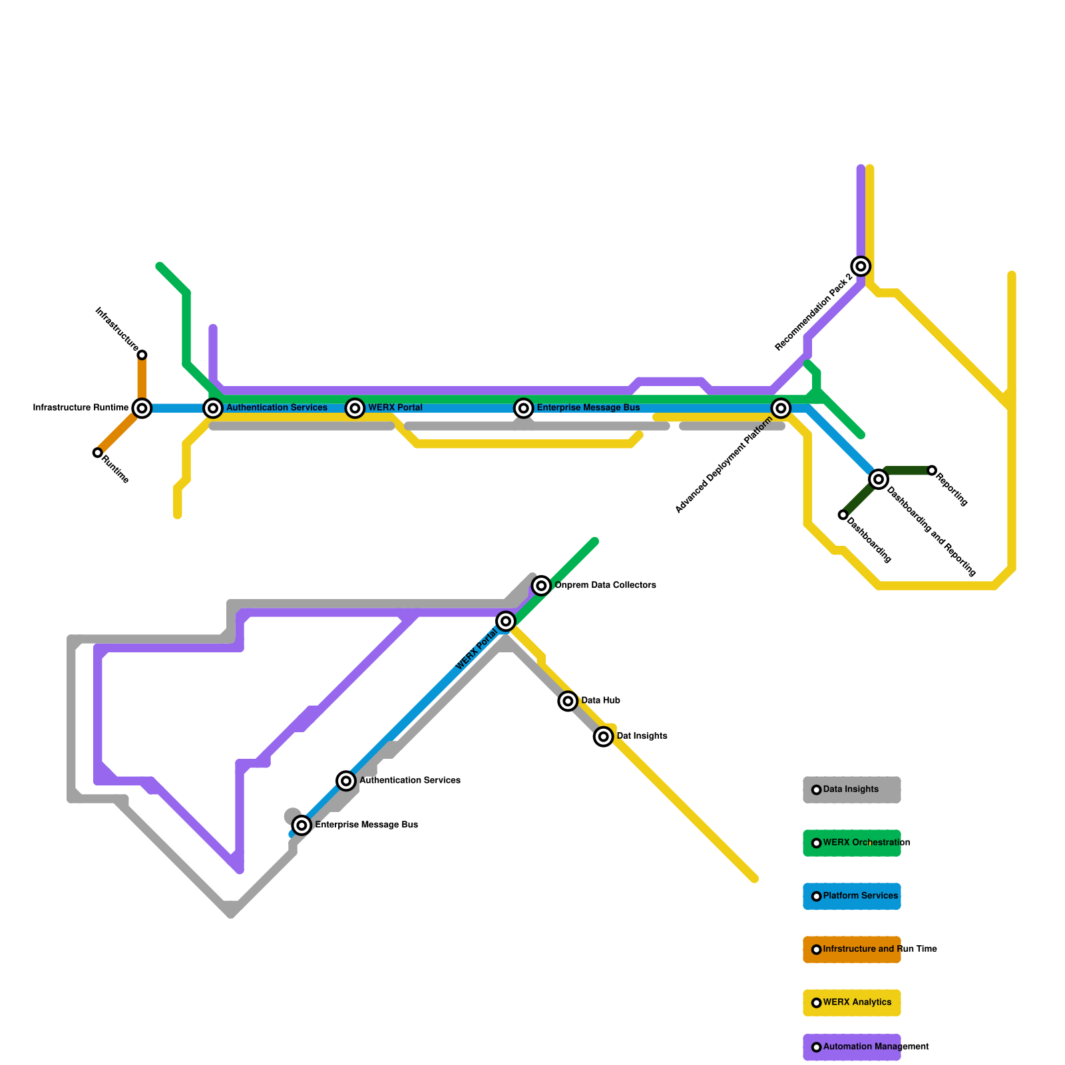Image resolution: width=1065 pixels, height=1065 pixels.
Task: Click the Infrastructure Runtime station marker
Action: pos(142,408)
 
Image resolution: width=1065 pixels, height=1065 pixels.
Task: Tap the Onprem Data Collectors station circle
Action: pos(542,586)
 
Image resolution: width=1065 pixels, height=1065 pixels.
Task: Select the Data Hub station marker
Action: pos(568,701)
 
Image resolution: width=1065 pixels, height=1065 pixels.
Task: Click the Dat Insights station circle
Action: pos(604,737)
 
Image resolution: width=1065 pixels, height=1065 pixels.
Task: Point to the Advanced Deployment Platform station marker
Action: pos(781,408)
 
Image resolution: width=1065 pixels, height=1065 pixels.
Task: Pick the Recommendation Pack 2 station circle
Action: pos(861,266)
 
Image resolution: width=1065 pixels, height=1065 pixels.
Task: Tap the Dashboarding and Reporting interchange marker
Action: pos(879,479)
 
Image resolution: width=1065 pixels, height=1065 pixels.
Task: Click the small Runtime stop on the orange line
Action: pos(98,453)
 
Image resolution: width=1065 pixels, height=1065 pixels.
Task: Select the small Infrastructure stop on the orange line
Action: pos(142,355)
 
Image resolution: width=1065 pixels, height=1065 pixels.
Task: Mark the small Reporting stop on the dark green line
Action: pos(932,471)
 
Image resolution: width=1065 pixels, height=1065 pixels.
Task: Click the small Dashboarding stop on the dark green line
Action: pos(843,515)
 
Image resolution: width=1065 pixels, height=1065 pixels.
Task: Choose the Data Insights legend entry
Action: pos(851,790)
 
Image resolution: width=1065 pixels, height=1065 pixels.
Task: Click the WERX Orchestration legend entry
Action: pos(851,843)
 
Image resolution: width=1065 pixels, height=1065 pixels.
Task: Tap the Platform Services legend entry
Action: pos(851,897)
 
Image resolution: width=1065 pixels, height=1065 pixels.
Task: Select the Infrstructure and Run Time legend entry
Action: pos(851,950)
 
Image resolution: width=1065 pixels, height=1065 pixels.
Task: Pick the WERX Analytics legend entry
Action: pos(851,1003)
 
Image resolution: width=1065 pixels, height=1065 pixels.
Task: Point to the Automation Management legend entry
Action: pos(851,1047)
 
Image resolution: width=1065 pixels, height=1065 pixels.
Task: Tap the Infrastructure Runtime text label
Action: pos(81,408)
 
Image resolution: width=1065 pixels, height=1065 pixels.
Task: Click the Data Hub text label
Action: pos(600,701)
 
